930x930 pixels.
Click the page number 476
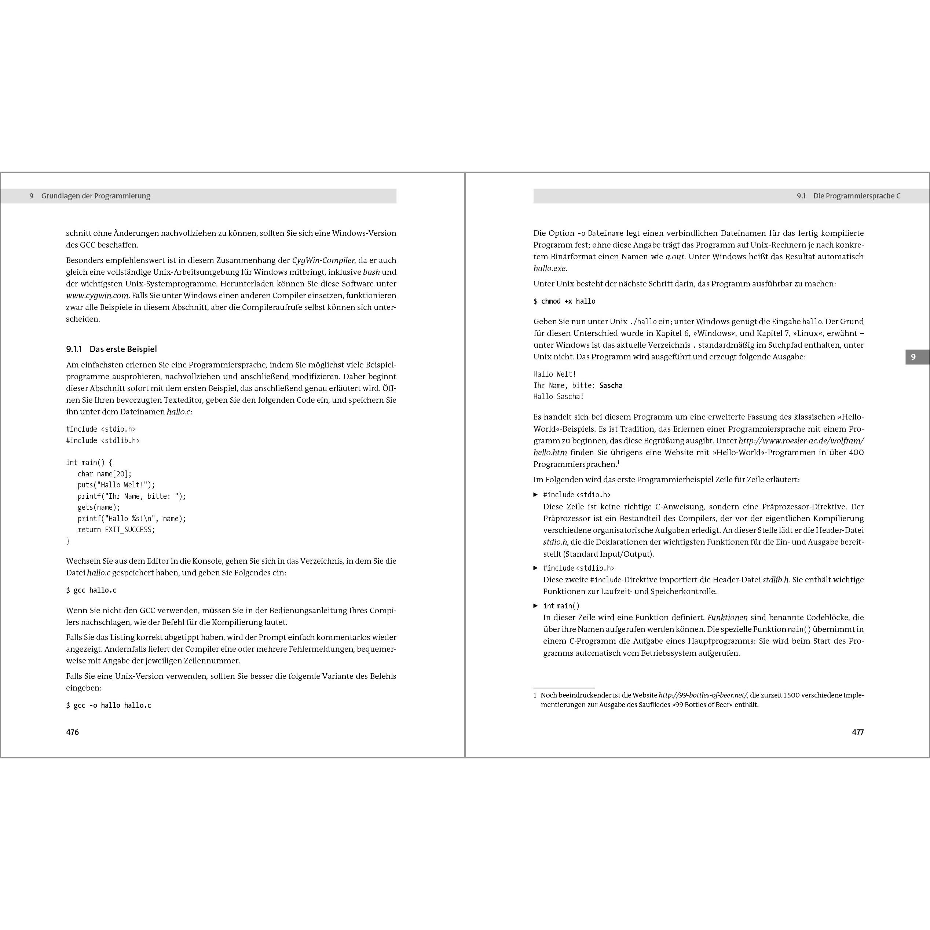72,732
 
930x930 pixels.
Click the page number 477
857,732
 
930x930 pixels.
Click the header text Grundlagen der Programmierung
95,196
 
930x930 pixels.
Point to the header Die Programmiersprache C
856,196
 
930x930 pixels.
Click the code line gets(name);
99,508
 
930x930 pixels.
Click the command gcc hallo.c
95,590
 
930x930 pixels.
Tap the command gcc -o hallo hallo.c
112,705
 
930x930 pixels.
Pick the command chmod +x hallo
568,301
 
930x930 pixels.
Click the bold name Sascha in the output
611,385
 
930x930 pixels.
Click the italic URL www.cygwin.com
97,296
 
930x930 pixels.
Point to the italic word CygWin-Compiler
323,260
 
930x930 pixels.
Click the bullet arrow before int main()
535,605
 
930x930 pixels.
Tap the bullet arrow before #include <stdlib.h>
535,568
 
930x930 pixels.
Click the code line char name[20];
105,474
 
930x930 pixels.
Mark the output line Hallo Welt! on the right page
554,374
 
